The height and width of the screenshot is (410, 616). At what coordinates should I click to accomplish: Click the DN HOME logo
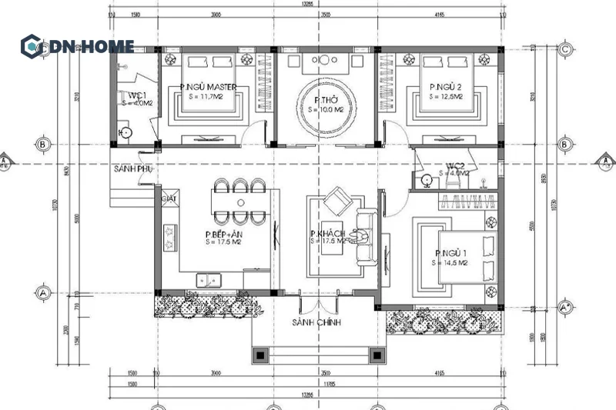click(x=77, y=46)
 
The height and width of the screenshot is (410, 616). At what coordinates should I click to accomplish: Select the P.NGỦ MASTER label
click(x=208, y=87)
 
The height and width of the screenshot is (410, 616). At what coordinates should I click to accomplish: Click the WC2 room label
click(x=454, y=165)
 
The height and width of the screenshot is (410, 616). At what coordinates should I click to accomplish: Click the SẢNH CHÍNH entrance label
click(x=316, y=322)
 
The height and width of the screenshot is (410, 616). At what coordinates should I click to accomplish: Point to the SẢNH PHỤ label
click(x=132, y=168)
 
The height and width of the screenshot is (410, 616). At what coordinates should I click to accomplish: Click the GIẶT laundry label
click(x=169, y=198)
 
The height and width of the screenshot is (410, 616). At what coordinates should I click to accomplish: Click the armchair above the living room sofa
click(x=336, y=203)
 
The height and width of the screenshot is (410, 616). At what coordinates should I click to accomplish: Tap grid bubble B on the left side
click(x=43, y=144)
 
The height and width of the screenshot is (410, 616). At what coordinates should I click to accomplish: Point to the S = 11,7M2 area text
click(x=208, y=97)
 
